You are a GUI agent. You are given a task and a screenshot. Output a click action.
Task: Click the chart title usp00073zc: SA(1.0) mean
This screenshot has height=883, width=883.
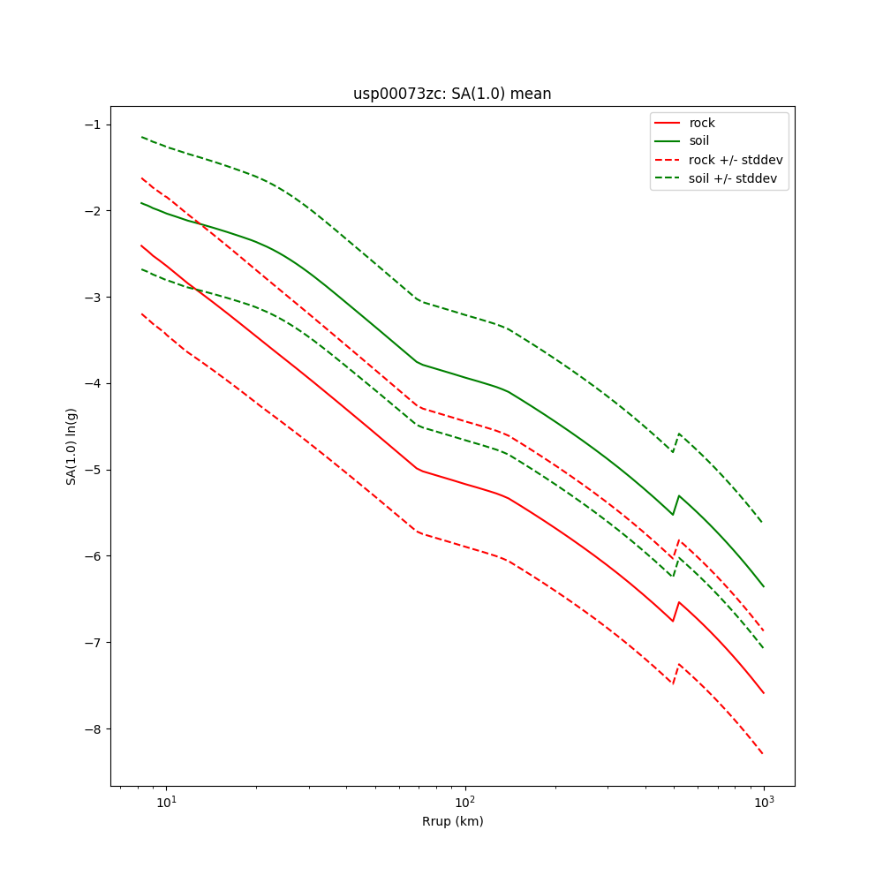pyautogui.click(x=452, y=94)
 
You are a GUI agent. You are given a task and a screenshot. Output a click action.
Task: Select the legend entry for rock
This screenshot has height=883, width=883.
pyautogui.click(x=702, y=123)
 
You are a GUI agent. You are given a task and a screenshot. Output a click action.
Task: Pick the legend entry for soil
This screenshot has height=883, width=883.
pyautogui.click(x=699, y=140)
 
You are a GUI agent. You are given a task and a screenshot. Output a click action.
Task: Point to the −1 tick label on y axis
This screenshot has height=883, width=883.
pyautogui.click(x=91, y=125)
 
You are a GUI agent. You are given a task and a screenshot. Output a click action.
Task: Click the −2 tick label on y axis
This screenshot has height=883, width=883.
pyautogui.click(x=91, y=211)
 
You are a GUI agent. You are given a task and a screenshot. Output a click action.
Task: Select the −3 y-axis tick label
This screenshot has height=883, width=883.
pyautogui.click(x=91, y=297)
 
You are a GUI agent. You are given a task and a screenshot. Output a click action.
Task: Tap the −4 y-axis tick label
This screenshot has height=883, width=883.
pyautogui.click(x=91, y=383)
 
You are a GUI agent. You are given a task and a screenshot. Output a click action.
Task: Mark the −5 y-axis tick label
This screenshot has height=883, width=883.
pyautogui.click(x=91, y=470)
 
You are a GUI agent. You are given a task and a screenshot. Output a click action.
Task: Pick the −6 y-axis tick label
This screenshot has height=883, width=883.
pyautogui.click(x=91, y=556)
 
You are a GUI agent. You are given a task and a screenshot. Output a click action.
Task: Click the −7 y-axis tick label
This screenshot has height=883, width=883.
pyautogui.click(x=91, y=643)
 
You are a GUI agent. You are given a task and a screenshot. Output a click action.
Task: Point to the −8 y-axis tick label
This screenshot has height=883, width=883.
pyautogui.click(x=91, y=729)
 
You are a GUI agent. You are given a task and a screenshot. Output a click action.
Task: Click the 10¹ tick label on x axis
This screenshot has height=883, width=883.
pyautogui.click(x=166, y=803)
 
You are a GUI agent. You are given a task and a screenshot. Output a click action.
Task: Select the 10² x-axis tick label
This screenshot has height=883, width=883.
pyautogui.click(x=465, y=803)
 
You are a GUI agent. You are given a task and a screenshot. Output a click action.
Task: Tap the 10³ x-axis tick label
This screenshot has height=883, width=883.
pyautogui.click(x=764, y=803)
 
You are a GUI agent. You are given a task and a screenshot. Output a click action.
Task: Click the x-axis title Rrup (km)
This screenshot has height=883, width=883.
pyautogui.click(x=452, y=821)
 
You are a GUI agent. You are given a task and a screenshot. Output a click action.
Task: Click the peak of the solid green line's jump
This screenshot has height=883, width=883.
pyautogui.click(x=679, y=495)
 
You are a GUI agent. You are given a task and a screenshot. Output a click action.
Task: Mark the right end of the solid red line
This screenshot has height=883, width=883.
pyautogui.click(x=764, y=693)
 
